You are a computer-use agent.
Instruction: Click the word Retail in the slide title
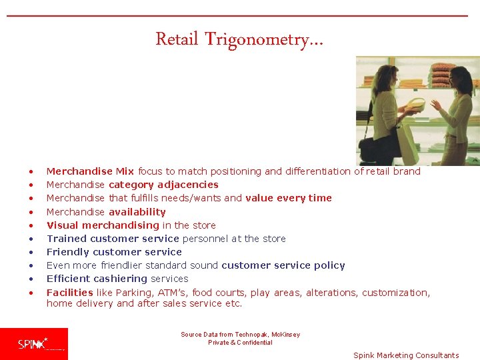(177, 39)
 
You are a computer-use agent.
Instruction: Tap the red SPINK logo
(34, 344)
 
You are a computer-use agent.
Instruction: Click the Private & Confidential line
(240, 343)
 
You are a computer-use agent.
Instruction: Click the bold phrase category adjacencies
(163, 185)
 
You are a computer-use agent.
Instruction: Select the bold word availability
(137, 212)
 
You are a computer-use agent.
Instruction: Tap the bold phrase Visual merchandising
(103, 225)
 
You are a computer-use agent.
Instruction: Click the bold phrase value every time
(288, 198)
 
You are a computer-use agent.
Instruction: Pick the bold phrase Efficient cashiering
(97, 279)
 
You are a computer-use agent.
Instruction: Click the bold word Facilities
(69, 293)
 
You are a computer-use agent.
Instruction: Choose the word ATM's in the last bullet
(173, 293)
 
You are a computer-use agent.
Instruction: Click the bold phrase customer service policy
(283, 265)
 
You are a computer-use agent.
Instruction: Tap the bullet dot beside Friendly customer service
(31, 253)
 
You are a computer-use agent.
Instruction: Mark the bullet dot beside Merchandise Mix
(31, 172)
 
